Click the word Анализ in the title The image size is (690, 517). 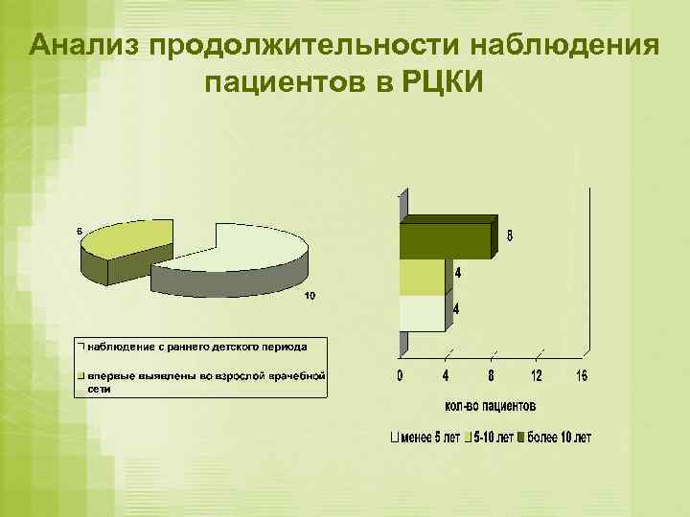click(83, 46)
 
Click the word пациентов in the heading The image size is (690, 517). click(285, 84)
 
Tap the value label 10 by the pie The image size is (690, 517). click(310, 295)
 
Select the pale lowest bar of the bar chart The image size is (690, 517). click(423, 312)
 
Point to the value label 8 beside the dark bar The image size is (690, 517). click(509, 236)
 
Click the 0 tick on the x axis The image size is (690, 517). click(400, 375)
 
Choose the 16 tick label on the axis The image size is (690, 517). click(582, 375)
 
